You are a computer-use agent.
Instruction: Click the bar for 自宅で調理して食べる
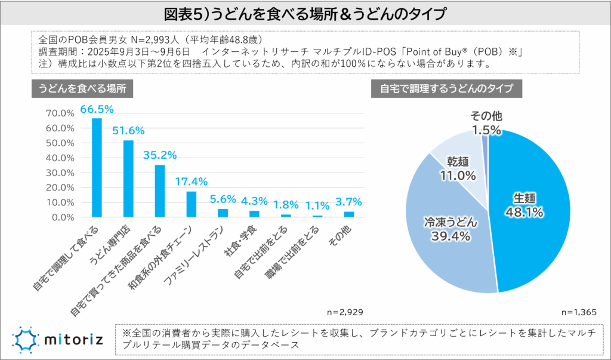point(97,168)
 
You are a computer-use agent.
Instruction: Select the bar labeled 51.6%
point(128,179)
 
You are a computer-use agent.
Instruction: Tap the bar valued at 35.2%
point(159,191)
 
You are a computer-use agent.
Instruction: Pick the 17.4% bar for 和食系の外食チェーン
point(191,204)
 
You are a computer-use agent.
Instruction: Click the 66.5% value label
point(97,109)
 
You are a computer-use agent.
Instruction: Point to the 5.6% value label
point(223,199)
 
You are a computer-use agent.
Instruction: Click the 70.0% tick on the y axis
point(59,113)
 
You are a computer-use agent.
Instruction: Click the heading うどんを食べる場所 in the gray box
point(82,88)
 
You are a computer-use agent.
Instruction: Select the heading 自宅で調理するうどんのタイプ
point(446,88)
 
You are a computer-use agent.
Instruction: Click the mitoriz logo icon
point(25,340)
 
